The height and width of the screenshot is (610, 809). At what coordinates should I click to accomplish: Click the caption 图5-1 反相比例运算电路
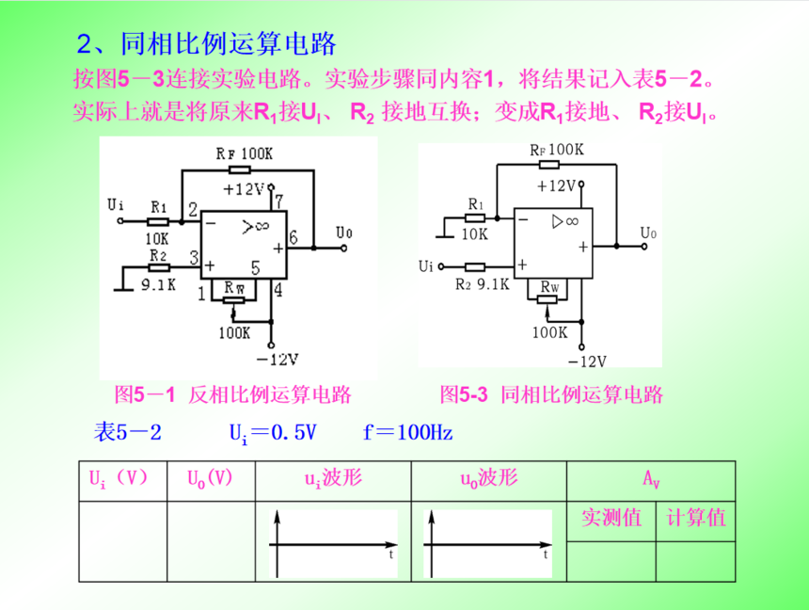pyautogui.click(x=232, y=393)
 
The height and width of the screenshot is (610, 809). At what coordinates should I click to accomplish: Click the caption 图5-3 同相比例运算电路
pyautogui.click(x=551, y=393)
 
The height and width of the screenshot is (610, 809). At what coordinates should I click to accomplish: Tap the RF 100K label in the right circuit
pyautogui.click(x=556, y=150)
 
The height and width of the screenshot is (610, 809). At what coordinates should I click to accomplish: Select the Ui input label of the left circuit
pyautogui.click(x=116, y=203)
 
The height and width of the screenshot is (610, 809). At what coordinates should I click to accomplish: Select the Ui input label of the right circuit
pyautogui.click(x=426, y=266)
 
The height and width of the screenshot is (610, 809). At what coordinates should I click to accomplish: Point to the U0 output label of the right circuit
pyautogui.click(x=648, y=232)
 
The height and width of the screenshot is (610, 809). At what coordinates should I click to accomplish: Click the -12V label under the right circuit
pyautogui.click(x=587, y=361)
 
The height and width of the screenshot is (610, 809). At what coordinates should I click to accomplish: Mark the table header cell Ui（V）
pyautogui.click(x=119, y=478)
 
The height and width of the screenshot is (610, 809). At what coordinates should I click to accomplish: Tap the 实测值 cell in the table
pyautogui.click(x=611, y=518)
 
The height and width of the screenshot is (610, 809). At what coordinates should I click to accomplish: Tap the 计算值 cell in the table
pyautogui.click(x=695, y=518)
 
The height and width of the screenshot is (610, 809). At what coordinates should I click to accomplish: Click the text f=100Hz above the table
pyautogui.click(x=408, y=433)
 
